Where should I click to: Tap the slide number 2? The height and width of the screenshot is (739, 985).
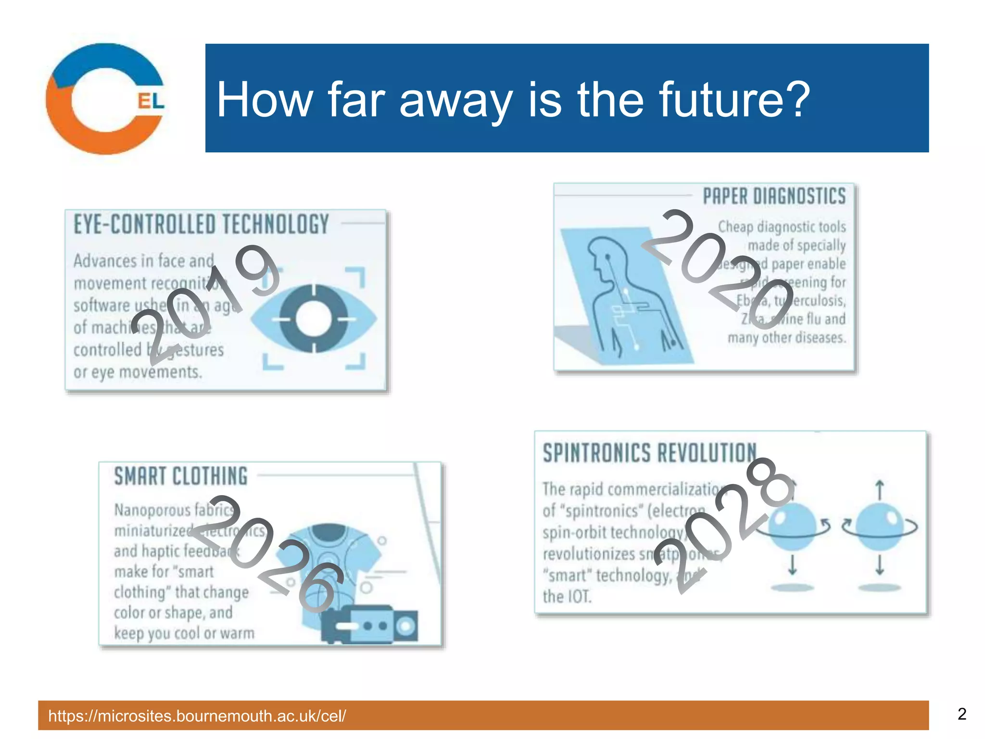pos(961,714)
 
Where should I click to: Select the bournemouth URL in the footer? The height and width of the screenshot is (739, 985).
pos(197,716)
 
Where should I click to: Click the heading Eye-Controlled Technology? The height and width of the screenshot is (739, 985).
pos(201,225)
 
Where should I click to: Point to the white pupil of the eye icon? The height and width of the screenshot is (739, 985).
pos(314,319)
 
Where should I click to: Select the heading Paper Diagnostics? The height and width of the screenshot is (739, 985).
pos(774,196)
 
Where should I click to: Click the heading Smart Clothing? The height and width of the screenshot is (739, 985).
pos(181,476)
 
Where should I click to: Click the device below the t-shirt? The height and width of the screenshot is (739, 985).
pos(369,624)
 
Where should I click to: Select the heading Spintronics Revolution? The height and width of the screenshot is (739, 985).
pos(649,453)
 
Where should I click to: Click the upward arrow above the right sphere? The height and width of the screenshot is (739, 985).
pos(880,490)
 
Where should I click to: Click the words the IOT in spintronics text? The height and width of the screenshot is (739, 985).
pos(567,597)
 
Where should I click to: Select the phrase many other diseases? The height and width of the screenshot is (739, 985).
pos(786,338)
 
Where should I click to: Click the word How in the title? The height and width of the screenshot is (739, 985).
pos(265,100)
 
